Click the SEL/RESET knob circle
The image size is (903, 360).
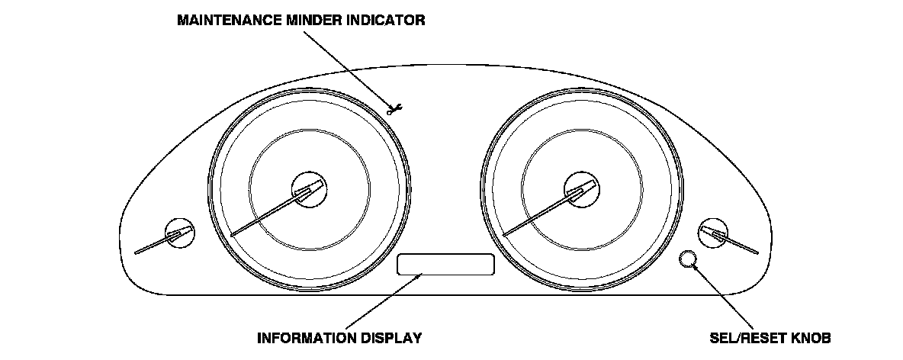coord(687,259)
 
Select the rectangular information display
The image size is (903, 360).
coord(446,264)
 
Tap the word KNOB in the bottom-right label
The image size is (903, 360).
coord(811,337)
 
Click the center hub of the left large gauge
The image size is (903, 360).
coord(310,188)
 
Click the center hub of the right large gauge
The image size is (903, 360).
coord(581,188)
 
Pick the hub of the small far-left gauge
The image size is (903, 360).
coord(179,233)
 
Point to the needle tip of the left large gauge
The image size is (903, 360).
coord(231,234)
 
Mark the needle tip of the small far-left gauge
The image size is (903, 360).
coord(136,252)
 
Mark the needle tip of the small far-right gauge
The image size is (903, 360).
coord(758,252)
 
